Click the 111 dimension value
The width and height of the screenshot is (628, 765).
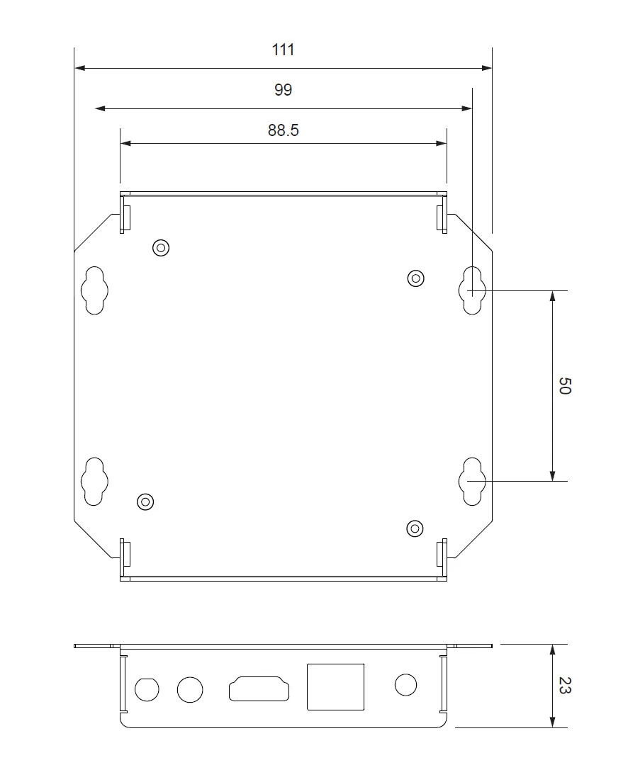coord(284,50)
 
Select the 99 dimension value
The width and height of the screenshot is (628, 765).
coord(284,90)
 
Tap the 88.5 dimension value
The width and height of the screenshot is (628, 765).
coord(284,130)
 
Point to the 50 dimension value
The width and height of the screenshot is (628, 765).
coord(564,385)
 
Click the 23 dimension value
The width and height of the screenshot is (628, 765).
coord(564,686)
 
